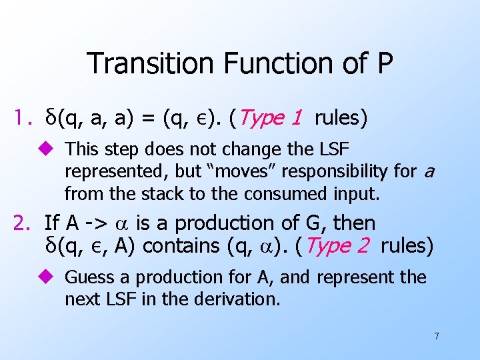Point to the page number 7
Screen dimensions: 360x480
[x=437, y=336]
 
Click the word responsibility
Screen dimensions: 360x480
[x=335, y=171]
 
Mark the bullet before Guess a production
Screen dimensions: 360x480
[x=53, y=277]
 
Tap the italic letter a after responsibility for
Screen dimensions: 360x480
[x=428, y=172]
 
